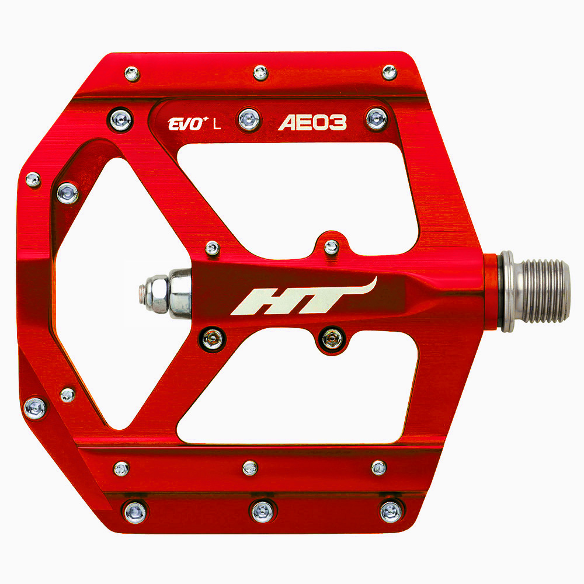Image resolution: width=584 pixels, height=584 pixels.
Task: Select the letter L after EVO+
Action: tap(217, 123)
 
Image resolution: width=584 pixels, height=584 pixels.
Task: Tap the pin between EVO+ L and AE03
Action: tap(249, 120)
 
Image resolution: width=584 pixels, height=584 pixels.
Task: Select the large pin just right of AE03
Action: tap(377, 119)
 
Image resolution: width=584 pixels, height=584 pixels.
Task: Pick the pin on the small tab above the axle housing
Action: tap(331, 247)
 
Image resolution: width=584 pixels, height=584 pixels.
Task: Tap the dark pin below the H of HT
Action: tap(213, 338)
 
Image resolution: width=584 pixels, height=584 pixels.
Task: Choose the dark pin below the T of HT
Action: tap(333, 338)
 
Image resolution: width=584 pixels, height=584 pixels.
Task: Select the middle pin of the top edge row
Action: tap(260, 73)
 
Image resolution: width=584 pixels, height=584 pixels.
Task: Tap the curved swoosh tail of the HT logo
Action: tap(365, 287)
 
